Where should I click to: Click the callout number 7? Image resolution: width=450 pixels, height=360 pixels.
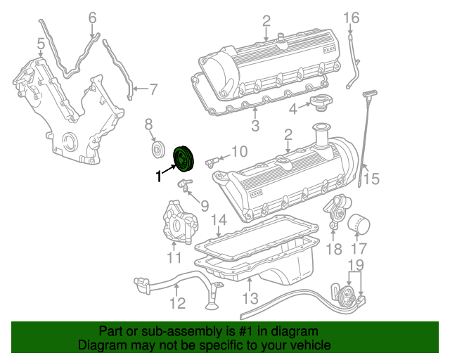pos(153,89)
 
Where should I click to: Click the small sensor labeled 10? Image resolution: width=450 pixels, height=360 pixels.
pos(210,162)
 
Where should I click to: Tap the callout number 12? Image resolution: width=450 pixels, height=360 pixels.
pos(177,303)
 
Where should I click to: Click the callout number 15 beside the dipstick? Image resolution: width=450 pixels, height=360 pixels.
pos(371,179)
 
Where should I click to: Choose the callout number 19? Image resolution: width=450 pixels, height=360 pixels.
pos(356,266)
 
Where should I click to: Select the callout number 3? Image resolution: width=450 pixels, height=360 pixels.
pos(255,126)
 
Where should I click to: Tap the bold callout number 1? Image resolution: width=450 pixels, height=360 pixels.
pos(158,179)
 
